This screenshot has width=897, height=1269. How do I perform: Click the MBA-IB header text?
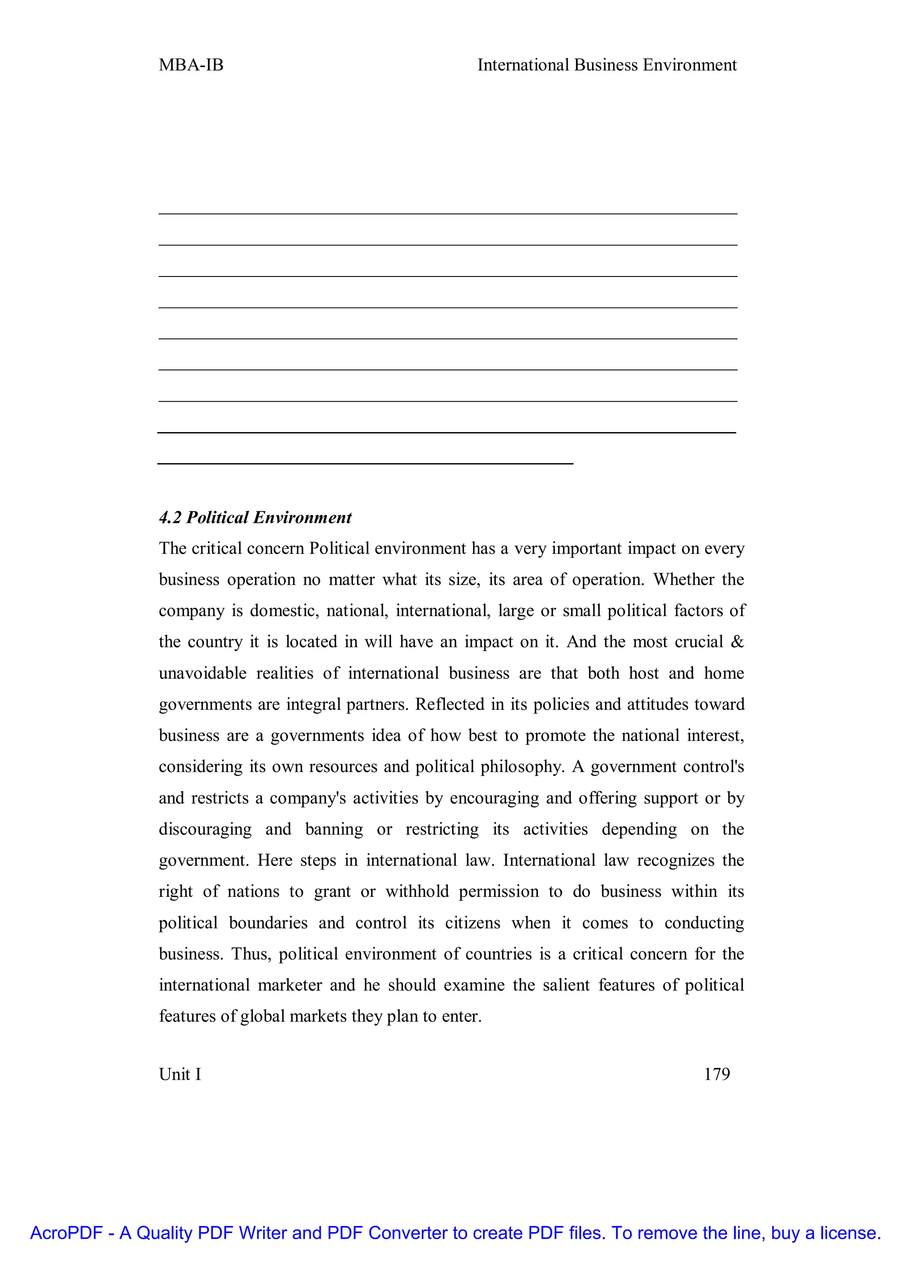(191, 65)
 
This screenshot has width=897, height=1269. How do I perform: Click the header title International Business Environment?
(607, 65)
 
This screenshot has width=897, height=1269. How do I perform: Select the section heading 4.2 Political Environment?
(255, 518)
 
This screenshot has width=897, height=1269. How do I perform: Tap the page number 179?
(717, 1074)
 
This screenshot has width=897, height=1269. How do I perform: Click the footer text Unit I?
(180, 1074)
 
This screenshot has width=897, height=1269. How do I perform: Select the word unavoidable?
(203, 673)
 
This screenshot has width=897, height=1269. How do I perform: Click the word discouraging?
(205, 829)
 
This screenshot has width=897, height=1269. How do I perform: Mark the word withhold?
(417, 892)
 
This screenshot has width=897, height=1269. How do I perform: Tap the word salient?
(566, 985)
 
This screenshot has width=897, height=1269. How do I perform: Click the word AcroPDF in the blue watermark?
(66, 1233)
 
